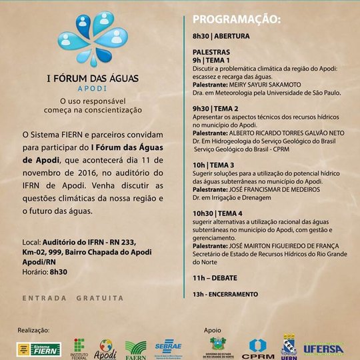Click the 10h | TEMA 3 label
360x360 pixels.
(x=213, y=165)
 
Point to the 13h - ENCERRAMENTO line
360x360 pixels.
(x=225, y=293)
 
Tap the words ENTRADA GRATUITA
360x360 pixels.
(x=73, y=297)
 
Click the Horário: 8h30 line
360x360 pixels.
(x=47, y=272)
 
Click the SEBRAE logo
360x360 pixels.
(x=169, y=347)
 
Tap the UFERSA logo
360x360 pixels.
(x=323, y=348)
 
